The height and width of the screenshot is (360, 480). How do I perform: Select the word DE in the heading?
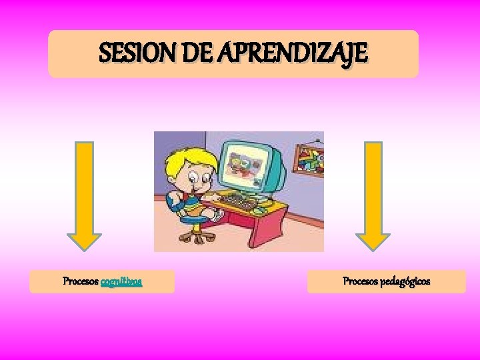(200, 53)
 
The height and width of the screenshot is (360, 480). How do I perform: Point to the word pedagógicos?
(405, 281)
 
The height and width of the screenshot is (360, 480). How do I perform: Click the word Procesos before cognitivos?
(80, 281)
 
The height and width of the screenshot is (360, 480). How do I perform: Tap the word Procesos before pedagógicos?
(360, 281)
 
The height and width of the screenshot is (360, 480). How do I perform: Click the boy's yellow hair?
(180, 160)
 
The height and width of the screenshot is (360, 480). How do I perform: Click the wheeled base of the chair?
(193, 236)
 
